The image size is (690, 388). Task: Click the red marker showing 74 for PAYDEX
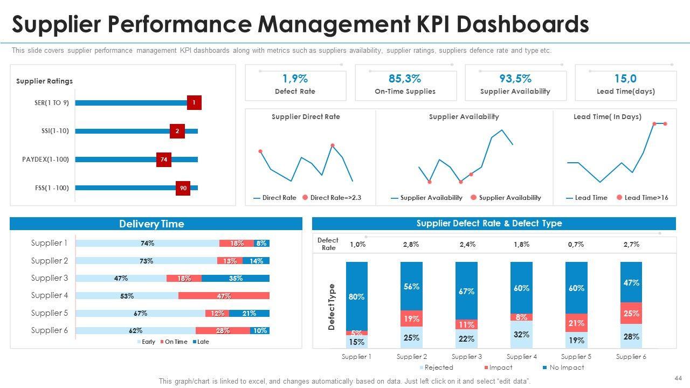tap(164, 160)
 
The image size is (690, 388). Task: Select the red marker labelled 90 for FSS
tap(183, 188)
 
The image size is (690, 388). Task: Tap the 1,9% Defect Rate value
tap(295, 79)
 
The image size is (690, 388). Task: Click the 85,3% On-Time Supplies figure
tap(405, 79)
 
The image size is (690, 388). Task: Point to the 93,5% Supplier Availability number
tap(515, 79)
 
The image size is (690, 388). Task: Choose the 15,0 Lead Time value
tap(625, 79)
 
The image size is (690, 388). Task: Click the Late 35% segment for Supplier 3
tap(236, 279)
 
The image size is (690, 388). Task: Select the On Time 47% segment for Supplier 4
tap(224, 296)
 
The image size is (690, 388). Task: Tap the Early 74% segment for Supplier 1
tap(147, 244)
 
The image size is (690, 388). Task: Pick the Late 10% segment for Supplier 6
tap(260, 331)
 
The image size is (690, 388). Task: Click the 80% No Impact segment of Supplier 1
tap(357, 296)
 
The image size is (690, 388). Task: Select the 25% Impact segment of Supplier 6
tap(631, 313)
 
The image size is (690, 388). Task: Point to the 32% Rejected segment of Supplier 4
tap(521, 335)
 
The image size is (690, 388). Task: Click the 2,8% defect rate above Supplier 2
tap(411, 244)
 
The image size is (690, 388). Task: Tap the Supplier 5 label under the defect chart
tap(576, 357)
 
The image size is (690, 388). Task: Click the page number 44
tap(678, 378)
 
